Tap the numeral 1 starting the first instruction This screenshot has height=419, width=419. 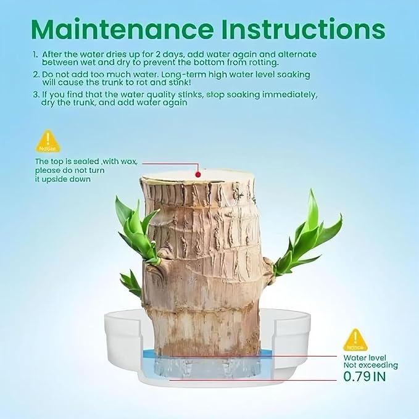click(x=35, y=54)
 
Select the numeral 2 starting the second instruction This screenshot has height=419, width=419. click(x=35, y=74)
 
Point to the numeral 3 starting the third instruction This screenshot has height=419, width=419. click(x=35, y=95)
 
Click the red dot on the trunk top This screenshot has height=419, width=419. click(x=198, y=174)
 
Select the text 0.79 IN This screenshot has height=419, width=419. click(x=364, y=375)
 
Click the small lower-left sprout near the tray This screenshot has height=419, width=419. click(x=131, y=283)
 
